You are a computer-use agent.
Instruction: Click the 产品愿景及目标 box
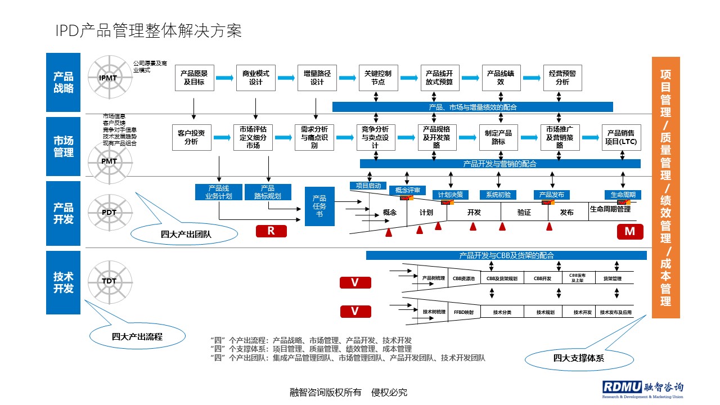tap(194, 78)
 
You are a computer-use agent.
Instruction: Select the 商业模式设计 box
tap(256, 78)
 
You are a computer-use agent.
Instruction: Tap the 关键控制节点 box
tap(379, 78)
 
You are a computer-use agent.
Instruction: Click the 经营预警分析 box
tap(562, 78)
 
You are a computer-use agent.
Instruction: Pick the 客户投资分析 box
tap(191, 137)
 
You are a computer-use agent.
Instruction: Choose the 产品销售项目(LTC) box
tap(622, 137)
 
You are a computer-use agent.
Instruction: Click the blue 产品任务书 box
tap(319, 206)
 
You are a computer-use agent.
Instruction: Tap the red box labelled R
tap(271, 231)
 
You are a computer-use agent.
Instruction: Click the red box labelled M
tap(629, 231)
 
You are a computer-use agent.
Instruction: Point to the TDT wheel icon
tap(109, 281)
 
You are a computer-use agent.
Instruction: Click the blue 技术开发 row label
tap(64, 282)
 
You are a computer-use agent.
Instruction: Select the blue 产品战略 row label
tap(64, 82)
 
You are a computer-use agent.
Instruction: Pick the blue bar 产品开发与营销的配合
tap(500, 164)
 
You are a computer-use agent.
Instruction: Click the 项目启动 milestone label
tap(368, 186)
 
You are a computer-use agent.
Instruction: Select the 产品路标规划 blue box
tap(268, 192)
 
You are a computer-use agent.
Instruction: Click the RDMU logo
tap(642, 389)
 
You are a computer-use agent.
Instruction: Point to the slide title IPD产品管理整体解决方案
tap(148, 31)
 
